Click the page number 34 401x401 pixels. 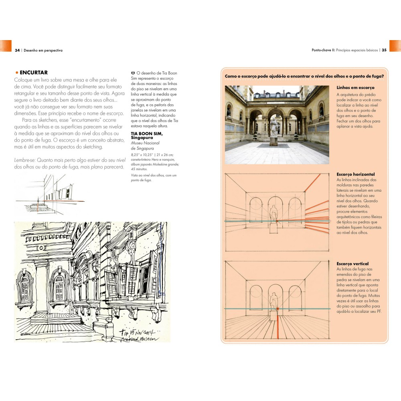click(x=17, y=51)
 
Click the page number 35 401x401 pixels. click(x=384, y=50)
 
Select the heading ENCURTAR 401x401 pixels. click(x=34, y=72)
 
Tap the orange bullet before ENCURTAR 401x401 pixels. click(x=17, y=73)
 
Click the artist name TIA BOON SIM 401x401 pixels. click(x=147, y=134)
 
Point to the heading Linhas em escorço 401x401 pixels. click(x=355, y=87)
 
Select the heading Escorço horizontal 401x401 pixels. click(x=355, y=174)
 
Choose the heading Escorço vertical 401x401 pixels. click(x=352, y=264)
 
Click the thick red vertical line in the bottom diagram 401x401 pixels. click(x=278, y=324)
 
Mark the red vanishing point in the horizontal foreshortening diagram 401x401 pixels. click(x=277, y=221)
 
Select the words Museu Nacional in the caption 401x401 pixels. click(x=145, y=143)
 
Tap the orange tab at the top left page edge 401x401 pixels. click(x=6, y=46)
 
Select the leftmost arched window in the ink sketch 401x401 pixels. click(x=25, y=285)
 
